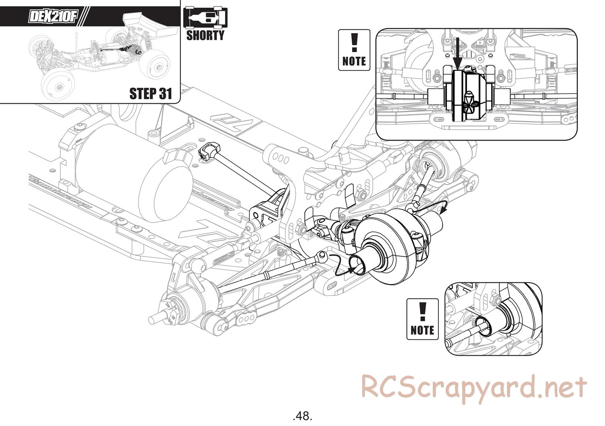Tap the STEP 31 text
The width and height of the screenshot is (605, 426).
coord(150,94)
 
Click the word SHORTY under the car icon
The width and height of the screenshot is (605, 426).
coord(205,35)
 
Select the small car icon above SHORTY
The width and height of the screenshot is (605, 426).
coord(205,18)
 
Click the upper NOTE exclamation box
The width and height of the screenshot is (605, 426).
coord(354,50)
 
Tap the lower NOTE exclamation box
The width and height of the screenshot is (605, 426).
coord(422,319)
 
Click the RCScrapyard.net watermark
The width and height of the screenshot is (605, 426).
coord(474,387)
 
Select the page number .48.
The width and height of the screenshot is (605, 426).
coord(302,415)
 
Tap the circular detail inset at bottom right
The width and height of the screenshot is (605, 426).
coord(494,319)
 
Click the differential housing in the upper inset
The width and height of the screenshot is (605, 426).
coord(468,95)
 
